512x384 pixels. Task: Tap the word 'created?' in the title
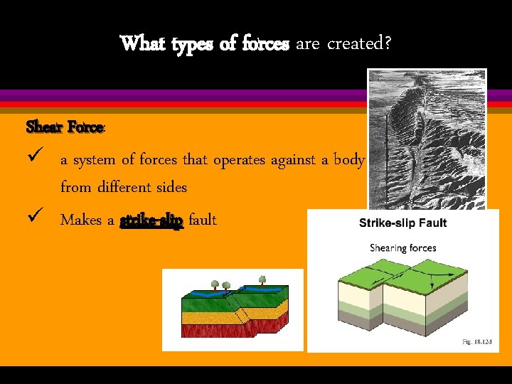[358, 44]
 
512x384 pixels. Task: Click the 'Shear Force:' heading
[66, 127]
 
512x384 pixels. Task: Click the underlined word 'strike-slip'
[151, 220]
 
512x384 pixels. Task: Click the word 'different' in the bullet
[122, 188]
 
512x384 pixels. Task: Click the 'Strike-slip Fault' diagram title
[402, 223]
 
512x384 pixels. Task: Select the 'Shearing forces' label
[402, 248]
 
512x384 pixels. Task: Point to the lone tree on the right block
[262, 279]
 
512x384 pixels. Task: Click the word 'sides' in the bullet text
[173, 188]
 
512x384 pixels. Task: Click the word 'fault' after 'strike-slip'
[203, 220]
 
